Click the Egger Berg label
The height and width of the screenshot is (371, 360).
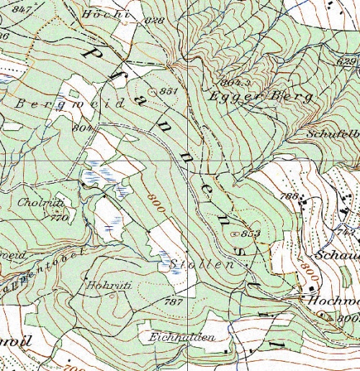tap(261, 95)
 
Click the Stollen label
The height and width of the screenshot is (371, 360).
tap(203, 265)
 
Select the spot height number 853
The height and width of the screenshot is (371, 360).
tap(251, 233)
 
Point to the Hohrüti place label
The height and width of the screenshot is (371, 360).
tap(107, 285)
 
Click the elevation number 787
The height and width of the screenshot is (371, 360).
tap(174, 300)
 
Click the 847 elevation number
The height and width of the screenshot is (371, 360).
tap(22, 9)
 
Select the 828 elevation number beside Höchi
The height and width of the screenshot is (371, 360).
tap(155, 20)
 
